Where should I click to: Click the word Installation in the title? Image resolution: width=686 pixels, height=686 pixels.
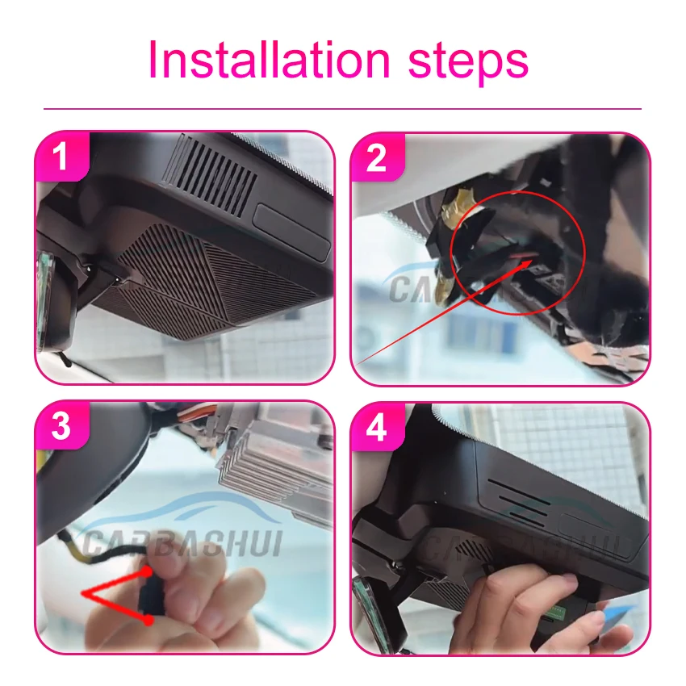pos(269,60)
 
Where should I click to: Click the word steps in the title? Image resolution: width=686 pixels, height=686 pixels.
pos(469,63)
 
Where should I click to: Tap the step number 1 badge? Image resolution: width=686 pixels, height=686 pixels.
pos(61,157)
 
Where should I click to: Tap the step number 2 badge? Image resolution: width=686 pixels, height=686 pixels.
pos(376,157)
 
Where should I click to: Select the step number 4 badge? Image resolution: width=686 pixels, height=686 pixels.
pos(376,427)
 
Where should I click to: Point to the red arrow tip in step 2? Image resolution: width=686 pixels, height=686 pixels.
pos(532,259)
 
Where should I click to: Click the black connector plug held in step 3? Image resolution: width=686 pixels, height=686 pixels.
pos(148,595)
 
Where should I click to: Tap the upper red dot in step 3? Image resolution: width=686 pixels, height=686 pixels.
pos(148,571)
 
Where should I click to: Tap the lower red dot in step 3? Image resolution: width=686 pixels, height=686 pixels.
pos(148,620)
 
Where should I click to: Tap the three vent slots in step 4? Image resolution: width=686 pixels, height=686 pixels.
pos(518,503)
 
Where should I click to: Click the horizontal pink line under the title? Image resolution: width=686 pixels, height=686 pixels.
pos(342,108)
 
